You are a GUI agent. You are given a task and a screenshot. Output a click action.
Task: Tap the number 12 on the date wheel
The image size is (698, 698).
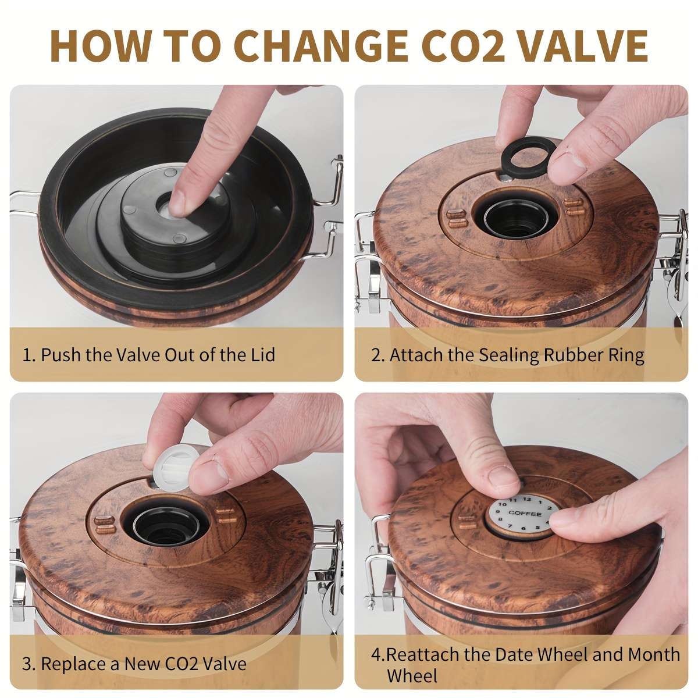click(x=526, y=499)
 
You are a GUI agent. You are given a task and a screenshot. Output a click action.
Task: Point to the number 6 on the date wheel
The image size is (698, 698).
click(x=523, y=529)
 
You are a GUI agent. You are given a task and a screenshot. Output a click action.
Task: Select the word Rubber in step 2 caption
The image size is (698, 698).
click(x=573, y=355)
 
